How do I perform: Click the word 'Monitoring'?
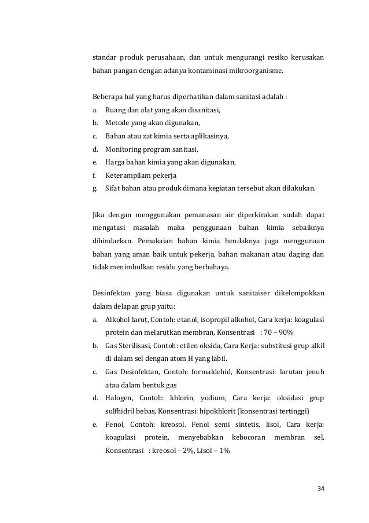pos(123,149)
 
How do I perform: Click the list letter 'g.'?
pos(95,189)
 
